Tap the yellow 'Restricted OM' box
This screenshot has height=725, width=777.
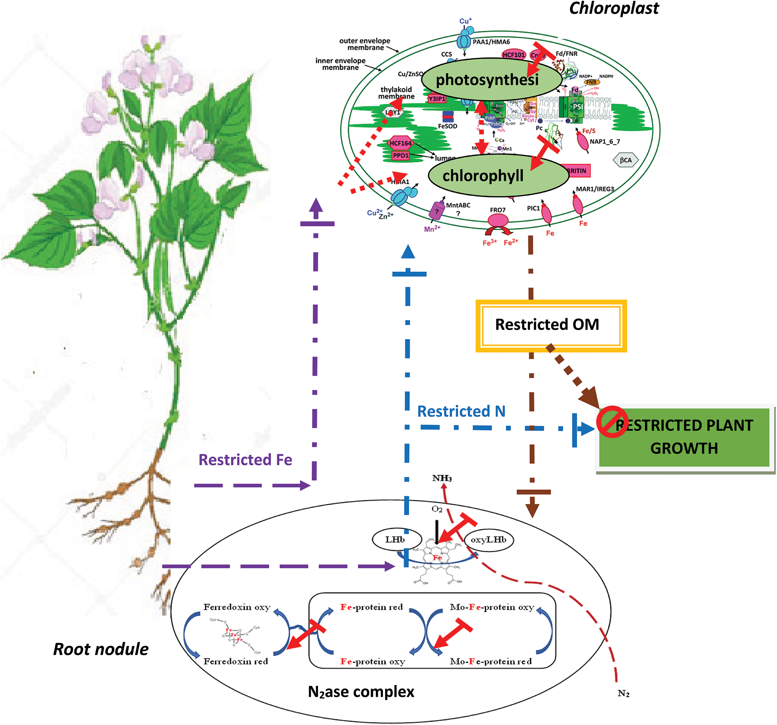pos(551,326)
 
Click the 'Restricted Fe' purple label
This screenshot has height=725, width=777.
pos(245,460)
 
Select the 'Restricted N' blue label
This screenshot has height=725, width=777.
pos(461,411)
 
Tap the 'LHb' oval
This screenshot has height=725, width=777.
pos(395,540)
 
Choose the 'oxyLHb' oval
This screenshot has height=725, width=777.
pos(488,540)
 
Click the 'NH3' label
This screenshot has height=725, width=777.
pos(442,478)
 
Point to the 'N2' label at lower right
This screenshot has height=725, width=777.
pos(623,693)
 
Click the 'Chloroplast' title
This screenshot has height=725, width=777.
pos(614,8)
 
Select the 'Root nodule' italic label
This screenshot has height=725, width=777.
pos(101,649)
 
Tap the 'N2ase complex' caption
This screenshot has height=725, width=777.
pos(361,692)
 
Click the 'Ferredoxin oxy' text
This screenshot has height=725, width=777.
pos(237,607)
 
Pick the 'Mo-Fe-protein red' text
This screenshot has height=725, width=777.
pos(491,661)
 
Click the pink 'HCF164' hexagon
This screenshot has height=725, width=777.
pos(400,143)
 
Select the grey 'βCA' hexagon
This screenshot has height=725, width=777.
pos(625,160)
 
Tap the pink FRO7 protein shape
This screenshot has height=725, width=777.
pos(498,221)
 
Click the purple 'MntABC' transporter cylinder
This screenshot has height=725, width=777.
pos(436,210)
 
